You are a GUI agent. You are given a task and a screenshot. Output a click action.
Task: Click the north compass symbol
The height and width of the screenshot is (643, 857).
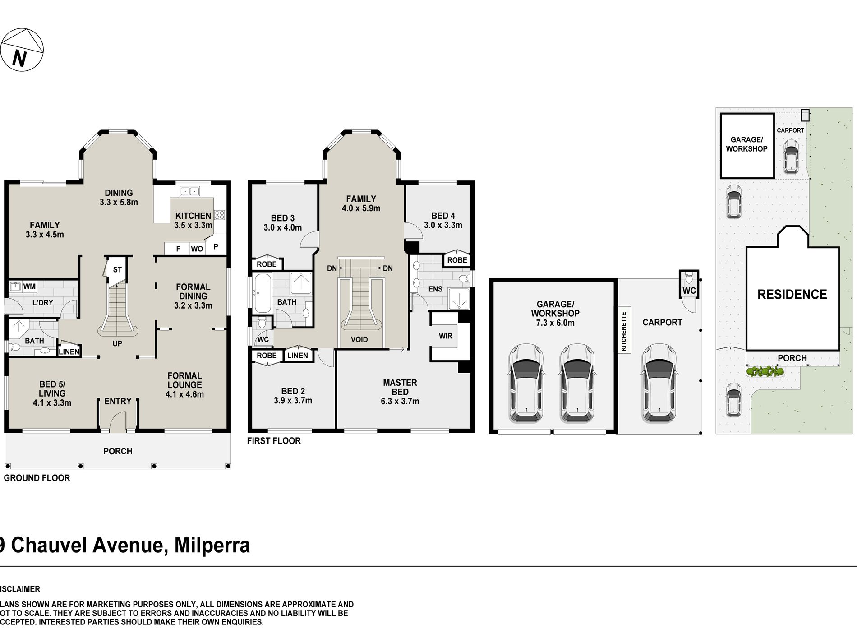click(22, 50)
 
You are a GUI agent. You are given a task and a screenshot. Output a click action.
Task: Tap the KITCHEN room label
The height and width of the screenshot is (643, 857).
click(193, 216)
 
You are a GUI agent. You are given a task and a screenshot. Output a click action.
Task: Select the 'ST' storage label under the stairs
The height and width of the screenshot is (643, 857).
click(117, 270)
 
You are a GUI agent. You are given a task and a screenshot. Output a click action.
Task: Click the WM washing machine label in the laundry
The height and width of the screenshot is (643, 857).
click(29, 287)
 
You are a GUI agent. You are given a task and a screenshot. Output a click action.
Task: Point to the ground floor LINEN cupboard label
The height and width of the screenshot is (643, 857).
click(69, 352)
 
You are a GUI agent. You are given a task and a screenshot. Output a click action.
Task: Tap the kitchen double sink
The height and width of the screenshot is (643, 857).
click(190, 191)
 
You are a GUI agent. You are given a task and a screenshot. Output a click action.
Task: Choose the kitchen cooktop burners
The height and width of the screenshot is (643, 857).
click(219, 215)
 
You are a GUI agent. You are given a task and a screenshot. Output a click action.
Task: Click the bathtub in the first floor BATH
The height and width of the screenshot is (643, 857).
click(263, 294)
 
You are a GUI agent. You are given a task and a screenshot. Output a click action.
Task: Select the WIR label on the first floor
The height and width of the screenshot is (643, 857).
click(445, 336)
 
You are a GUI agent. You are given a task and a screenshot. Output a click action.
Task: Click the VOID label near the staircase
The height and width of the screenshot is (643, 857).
click(359, 340)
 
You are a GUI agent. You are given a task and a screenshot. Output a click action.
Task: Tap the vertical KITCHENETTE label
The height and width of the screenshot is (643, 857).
click(624, 331)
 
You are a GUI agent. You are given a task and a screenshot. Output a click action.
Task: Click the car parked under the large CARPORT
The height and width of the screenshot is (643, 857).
click(658, 384)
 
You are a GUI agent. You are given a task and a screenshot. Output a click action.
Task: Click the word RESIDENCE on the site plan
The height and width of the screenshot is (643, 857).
click(792, 295)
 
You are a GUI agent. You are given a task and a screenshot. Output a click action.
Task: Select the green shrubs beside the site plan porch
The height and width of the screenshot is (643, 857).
click(765, 372)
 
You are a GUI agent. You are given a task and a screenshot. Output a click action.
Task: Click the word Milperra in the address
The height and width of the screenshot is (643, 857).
click(212, 545)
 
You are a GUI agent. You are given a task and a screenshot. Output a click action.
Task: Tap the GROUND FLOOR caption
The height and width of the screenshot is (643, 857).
click(37, 478)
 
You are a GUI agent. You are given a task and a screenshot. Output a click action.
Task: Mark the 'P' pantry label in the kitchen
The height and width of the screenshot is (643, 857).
click(216, 247)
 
